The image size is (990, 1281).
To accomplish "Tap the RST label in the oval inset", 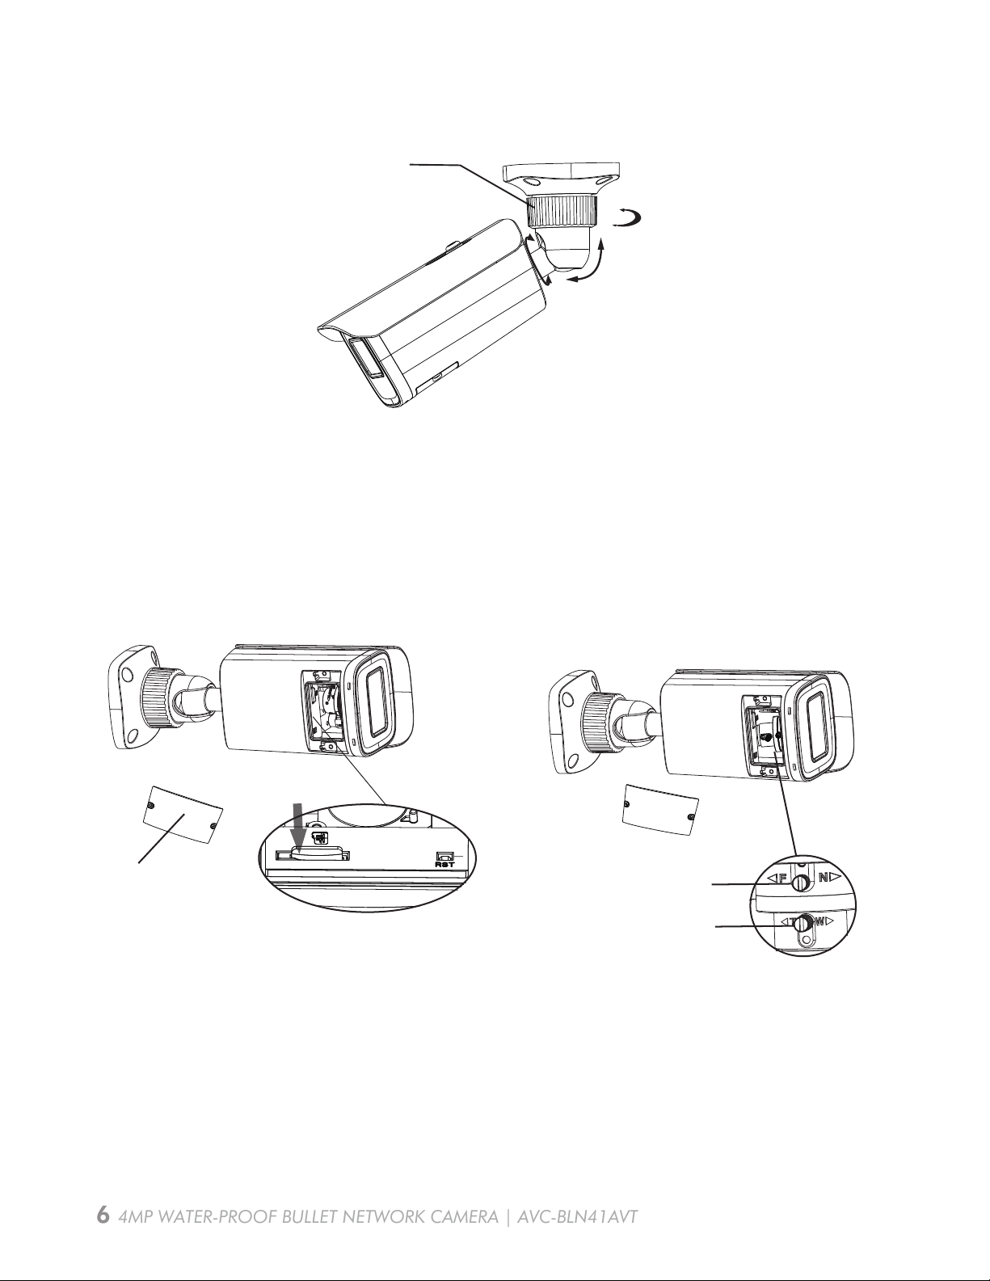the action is pyautogui.click(x=444, y=865).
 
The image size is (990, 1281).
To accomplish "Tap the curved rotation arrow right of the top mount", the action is pyautogui.click(x=627, y=219).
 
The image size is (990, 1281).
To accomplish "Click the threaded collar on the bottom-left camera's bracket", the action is pyautogui.click(x=157, y=698).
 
